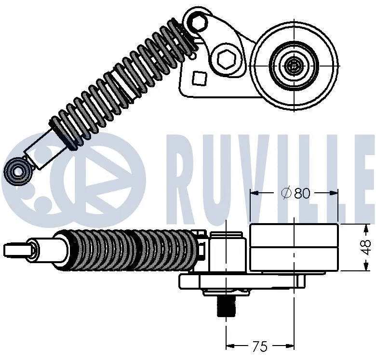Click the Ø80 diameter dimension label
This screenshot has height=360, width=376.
(x=295, y=193)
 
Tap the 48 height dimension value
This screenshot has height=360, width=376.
(x=367, y=248)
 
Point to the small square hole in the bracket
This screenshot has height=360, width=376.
(x=199, y=77)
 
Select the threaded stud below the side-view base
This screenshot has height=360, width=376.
(x=226, y=306)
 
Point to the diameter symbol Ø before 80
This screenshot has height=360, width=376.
(x=286, y=193)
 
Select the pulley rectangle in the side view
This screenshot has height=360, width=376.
(x=294, y=248)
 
